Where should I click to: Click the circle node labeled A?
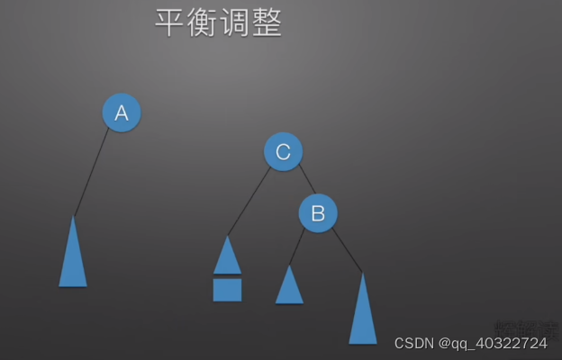pyautogui.click(x=122, y=112)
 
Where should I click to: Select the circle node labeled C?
pyautogui.click(x=283, y=152)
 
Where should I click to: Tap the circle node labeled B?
pyautogui.click(x=318, y=213)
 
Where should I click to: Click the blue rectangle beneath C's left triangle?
pyautogui.click(x=227, y=290)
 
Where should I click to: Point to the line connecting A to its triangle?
pyautogui.click(x=92, y=171)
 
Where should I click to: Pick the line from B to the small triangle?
pyautogui.click(x=297, y=247)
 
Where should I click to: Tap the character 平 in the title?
pyautogui.click(x=170, y=24)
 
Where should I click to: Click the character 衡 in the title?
pyautogui.click(x=203, y=24)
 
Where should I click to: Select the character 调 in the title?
pyautogui.click(x=234, y=24)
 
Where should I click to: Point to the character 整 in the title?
pyautogui.click(x=267, y=24)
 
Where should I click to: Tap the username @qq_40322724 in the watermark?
pyautogui.click(x=493, y=344)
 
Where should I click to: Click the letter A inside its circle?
pyautogui.click(x=122, y=112)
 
